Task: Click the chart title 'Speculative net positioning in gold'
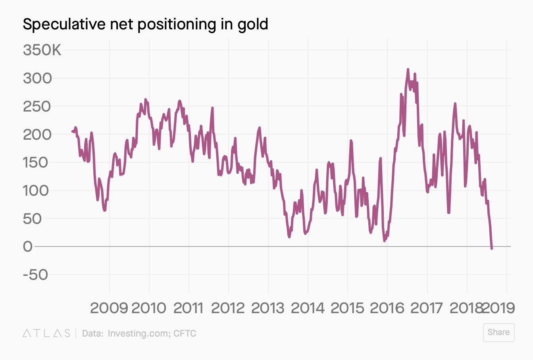click(145, 25)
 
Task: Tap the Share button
click(498, 332)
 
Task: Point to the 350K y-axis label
click(42, 50)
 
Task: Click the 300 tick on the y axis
click(37, 78)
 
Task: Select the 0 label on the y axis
click(28, 246)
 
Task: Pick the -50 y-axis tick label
click(36, 275)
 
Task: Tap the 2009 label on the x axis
click(109, 308)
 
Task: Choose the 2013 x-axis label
click(268, 308)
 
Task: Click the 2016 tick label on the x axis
click(387, 308)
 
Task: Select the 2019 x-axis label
click(498, 308)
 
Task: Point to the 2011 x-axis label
click(189, 308)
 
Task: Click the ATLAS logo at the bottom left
click(46, 333)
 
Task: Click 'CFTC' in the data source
click(185, 333)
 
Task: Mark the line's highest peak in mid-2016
click(408, 69)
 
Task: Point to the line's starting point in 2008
click(73, 131)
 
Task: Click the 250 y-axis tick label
click(37, 106)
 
